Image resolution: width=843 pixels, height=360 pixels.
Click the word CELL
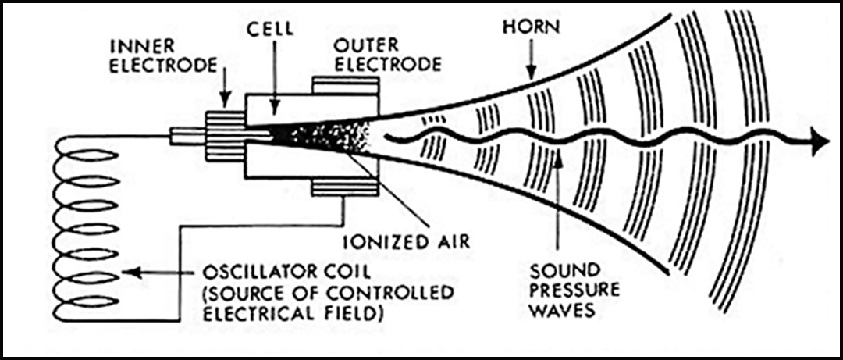[270, 29]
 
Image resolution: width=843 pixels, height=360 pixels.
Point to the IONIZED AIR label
[407, 241]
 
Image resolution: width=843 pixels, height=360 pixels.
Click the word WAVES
[559, 311]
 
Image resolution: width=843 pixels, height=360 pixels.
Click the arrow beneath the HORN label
[531, 60]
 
